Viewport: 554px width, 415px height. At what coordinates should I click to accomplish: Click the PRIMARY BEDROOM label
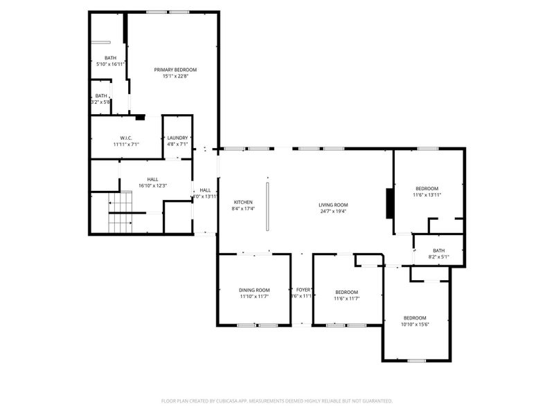point(175,70)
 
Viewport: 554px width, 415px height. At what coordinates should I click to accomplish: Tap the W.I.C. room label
point(126,138)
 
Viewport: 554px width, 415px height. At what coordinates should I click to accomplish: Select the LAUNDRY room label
point(177,138)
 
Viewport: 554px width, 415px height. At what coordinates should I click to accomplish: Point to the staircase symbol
point(122,212)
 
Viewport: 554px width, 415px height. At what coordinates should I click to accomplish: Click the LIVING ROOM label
point(332,205)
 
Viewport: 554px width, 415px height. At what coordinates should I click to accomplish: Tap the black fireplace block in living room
point(390,203)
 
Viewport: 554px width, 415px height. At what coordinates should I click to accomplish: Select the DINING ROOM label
point(254,290)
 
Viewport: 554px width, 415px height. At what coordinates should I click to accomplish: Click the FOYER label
point(303,290)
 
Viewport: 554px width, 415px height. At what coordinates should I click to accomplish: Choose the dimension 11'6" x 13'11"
point(427,195)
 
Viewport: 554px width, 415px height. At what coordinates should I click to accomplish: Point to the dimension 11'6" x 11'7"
point(346,298)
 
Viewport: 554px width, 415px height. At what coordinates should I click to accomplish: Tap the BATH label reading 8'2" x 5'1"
point(438,250)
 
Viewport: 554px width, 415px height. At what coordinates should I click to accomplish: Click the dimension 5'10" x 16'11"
point(111,64)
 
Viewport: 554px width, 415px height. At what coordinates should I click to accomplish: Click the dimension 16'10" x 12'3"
point(152,185)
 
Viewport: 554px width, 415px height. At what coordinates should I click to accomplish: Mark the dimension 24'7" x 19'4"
point(332,211)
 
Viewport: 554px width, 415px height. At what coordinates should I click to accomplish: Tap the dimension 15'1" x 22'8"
point(175,76)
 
